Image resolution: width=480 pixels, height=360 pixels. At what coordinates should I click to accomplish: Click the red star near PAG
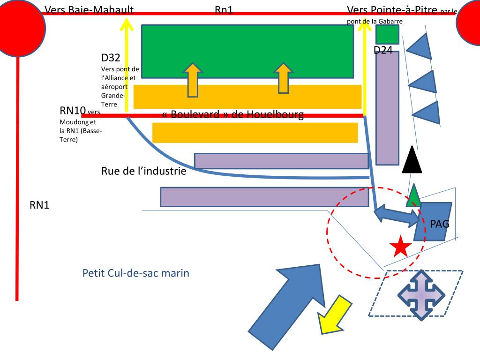[x=400, y=247]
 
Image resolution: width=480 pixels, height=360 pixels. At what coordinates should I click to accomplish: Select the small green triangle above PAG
[x=413, y=197]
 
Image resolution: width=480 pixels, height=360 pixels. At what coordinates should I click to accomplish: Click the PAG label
[x=440, y=224]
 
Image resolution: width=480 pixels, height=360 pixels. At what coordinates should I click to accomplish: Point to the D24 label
[x=383, y=50]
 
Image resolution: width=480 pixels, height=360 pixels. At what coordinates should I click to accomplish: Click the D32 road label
[x=111, y=58]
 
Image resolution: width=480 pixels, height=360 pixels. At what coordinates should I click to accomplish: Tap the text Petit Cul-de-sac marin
[x=136, y=273]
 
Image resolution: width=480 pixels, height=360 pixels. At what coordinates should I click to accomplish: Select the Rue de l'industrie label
[x=144, y=171]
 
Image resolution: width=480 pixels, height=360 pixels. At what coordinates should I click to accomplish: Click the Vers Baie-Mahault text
[x=89, y=10]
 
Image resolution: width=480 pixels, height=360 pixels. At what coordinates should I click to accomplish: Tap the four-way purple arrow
[x=420, y=295]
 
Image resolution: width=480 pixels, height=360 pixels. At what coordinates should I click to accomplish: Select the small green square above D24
[x=387, y=34]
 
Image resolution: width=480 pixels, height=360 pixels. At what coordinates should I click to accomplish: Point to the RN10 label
[x=73, y=111]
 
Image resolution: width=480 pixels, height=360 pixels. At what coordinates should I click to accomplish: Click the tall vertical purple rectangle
[x=387, y=108]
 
